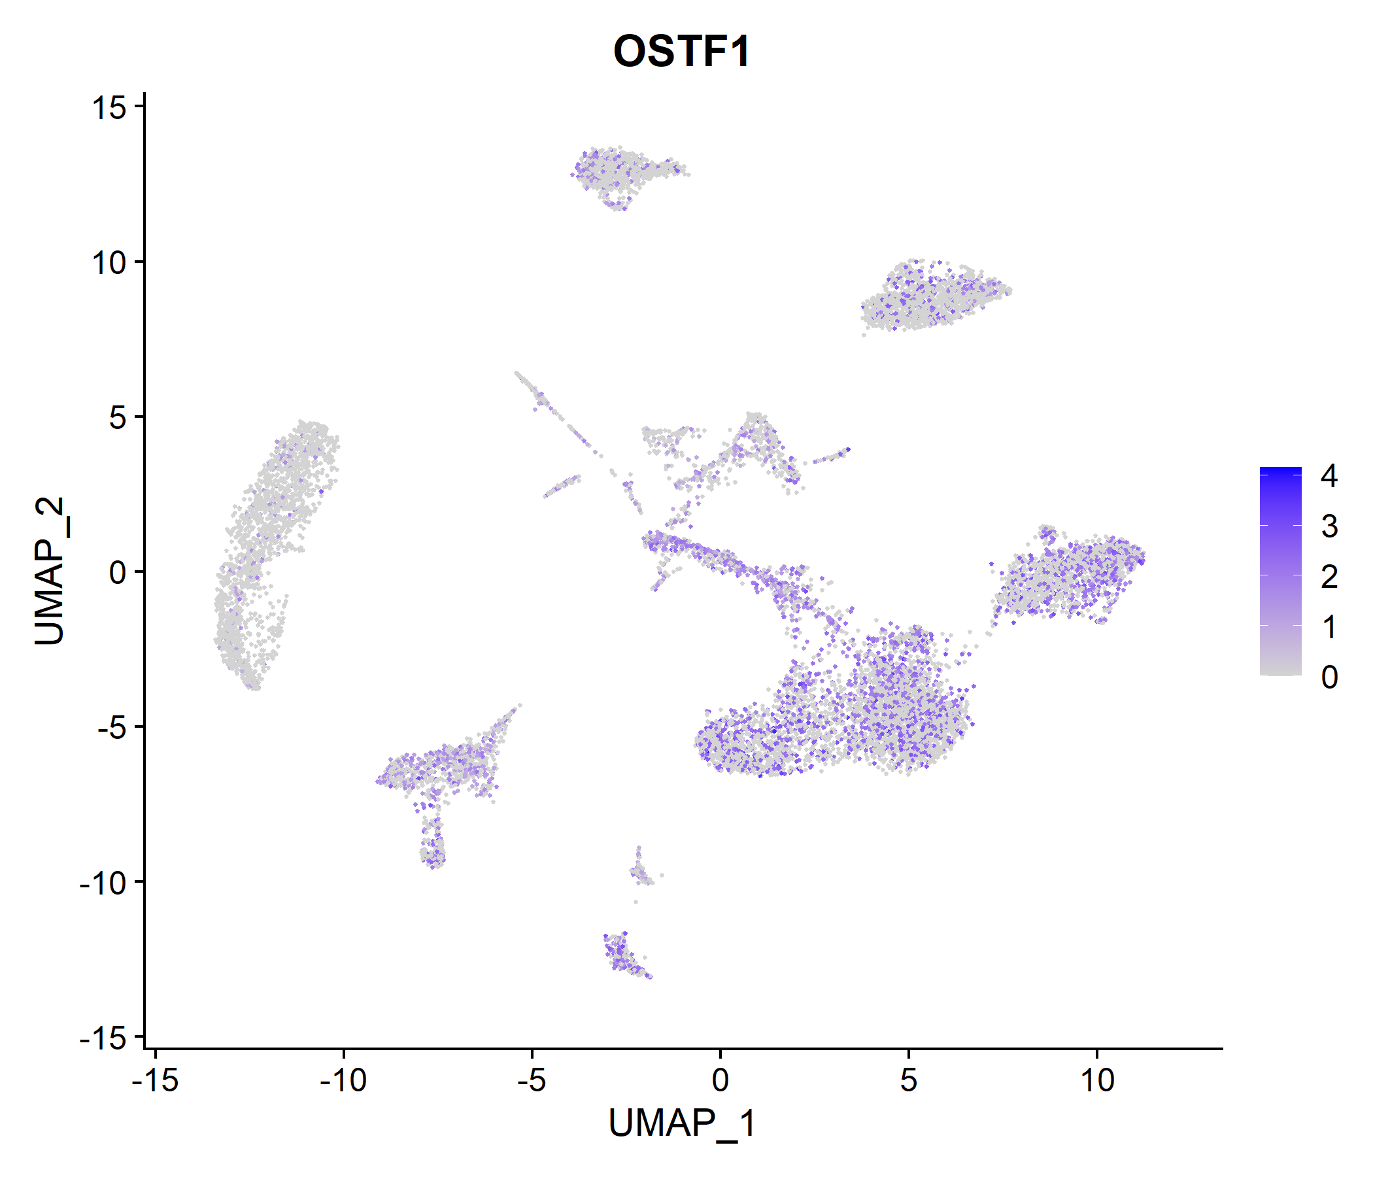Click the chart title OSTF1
pyautogui.click(x=682, y=51)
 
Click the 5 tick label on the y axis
pyautogui.click(x=118, y=418)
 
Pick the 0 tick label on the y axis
pyautogui.click(x=118, y=573)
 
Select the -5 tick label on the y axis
pyautogui.click(x=112, y=728)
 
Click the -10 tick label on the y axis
pyautogui.click(x=104, y=883)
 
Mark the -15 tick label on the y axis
pyautogui.click(x=104, y=1038)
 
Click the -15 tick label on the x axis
pyautogui.click(x=155, y=1081)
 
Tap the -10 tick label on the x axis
pyautogui.click(x=343, y=1081)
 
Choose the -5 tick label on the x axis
pyautogui.click(x=532, y=1081)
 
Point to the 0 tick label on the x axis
pyautogui.click(x=720, y=1081)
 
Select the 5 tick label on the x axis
pyautogui.click(x=909, y=1081)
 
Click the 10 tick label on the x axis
pyautogui.click(x=1097, y=1081)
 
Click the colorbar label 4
pyautogui.click(x=1329, y=476)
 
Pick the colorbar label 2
pyautogui.click(x=1329, y=577)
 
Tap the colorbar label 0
pyautogui.click(x=1329, y=677)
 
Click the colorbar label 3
pyautogui.click(x=1329, y=526)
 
